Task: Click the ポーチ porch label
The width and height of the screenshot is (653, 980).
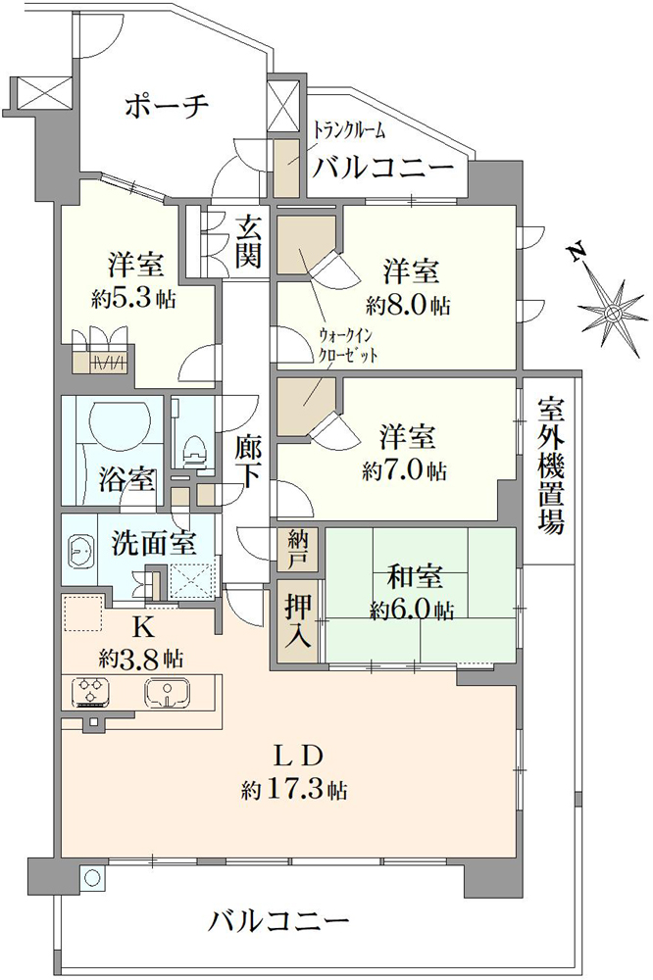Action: click(x=166, y=107)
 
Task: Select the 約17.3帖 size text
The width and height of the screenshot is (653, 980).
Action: click(x=294, y=790)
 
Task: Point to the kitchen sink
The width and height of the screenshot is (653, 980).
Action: click(x=169, y=693)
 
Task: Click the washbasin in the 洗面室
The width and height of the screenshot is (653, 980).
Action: click(x=79, y=551)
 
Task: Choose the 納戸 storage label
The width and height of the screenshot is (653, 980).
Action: click(x=298, y=549)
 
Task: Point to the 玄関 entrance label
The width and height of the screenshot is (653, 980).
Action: click(x=248, y=241)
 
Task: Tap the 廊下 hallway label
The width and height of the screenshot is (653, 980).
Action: click(x=248, y=461)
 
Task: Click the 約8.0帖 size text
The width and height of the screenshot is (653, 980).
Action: click(x=409, y=305)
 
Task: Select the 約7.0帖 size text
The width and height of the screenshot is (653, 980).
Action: click(x=405, y=470)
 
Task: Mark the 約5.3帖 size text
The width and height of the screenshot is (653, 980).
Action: click(x=133, y=299)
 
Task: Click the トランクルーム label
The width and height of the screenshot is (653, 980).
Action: click(x=349, y=131)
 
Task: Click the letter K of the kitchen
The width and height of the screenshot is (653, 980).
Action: click(x=140, y=624)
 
